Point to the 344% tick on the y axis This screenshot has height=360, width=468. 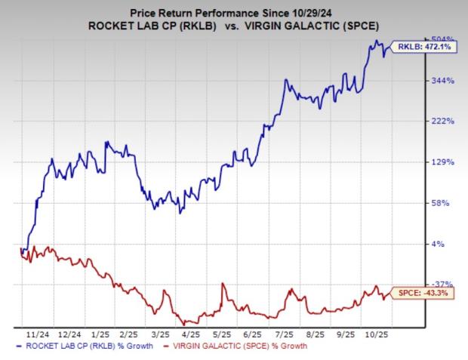tap(420, 81)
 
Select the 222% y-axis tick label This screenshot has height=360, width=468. tap(420, 122)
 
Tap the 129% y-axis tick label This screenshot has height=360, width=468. tap(420, 162)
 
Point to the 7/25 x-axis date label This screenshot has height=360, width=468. tap(285, 333)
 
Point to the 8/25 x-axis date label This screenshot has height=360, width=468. tap(315, 333)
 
